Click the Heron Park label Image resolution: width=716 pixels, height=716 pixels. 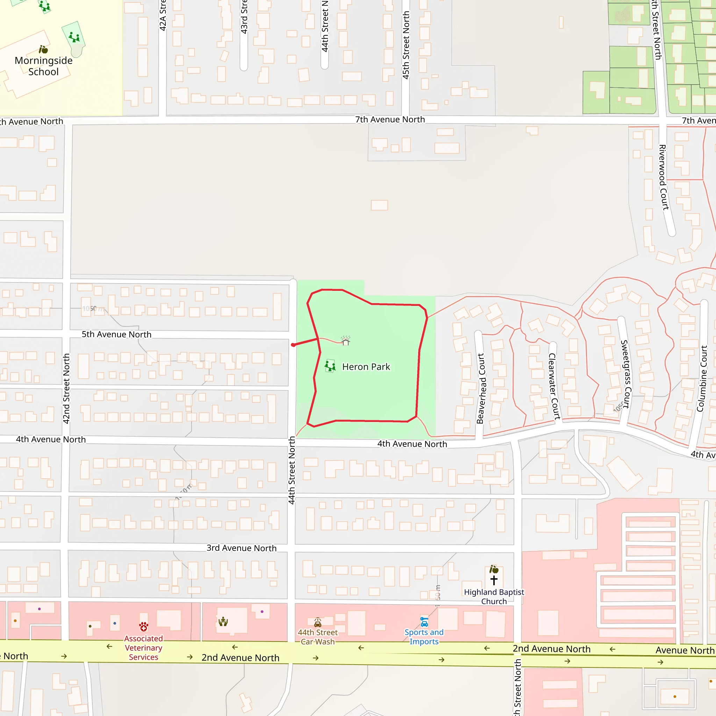[366, 367]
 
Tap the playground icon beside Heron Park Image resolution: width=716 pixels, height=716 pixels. [330, 366]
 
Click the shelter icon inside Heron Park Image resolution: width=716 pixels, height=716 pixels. [346, 341]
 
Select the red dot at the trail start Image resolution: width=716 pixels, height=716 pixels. [293, 345]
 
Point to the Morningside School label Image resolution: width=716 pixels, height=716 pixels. [43, 66]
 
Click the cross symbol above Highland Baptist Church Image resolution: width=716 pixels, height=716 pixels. [494, 580]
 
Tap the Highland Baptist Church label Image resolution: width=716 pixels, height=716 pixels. [494, 597]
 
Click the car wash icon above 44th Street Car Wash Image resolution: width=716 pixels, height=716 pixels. [317, 622]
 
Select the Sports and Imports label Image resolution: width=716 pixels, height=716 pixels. [424, 637]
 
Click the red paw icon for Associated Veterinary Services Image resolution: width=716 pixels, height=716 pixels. [144, 627]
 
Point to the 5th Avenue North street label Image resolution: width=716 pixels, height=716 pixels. [116, 334]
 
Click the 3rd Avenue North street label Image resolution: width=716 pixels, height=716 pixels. [241, 548]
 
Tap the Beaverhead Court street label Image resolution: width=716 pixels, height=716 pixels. [481, 388]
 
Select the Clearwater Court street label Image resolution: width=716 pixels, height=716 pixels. [554, 386]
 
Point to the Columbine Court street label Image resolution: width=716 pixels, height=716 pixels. [702, 379]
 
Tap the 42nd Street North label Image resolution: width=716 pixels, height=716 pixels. [66, 388]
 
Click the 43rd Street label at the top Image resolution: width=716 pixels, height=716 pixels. [244, 17]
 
